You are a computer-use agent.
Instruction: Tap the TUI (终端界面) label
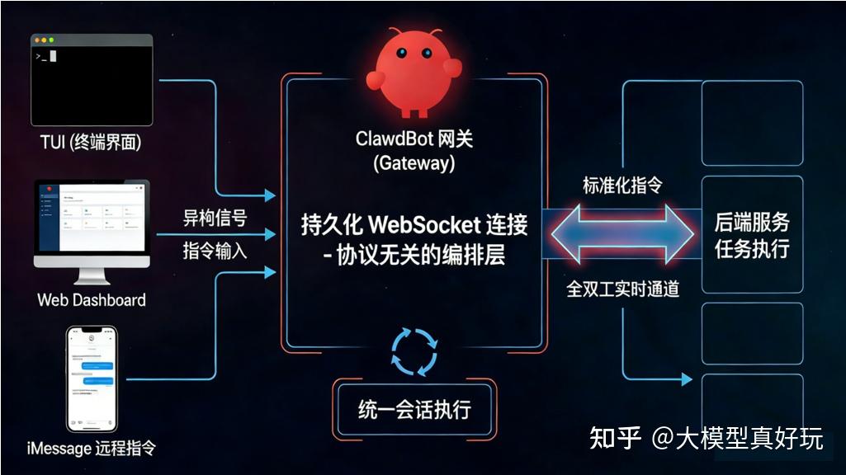point(92,142)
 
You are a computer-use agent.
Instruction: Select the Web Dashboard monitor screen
point(92,218)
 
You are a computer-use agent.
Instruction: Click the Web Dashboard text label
point(92,299)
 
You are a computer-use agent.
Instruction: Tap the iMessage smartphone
point(92,379)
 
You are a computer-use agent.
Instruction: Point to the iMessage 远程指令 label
point(92,449)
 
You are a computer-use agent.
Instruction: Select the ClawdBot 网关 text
point(414,139)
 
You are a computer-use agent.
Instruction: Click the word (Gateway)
point(414,163)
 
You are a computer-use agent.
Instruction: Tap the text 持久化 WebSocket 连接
point(414,224)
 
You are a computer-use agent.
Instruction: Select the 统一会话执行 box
point(414,409)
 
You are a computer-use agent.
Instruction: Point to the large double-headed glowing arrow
point(623,236)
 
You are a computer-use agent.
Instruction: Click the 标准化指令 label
point(622,186)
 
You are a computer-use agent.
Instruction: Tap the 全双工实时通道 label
point(622,289)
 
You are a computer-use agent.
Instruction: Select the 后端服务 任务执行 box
point(751,235)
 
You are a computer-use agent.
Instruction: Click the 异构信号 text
point(215,219)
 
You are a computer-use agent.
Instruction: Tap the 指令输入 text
point(215,250)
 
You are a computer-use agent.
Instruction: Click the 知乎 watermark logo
point(615,438)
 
